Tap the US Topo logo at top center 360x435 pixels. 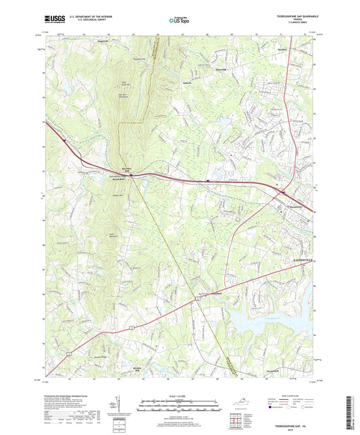[180, 20]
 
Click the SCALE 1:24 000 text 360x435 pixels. [180, 395]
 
